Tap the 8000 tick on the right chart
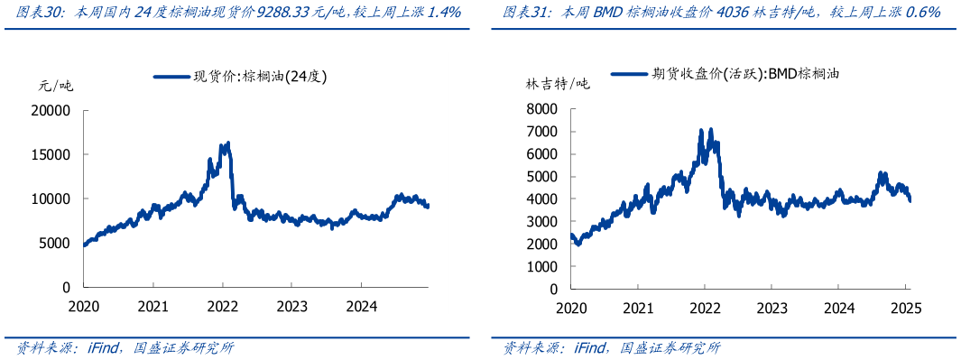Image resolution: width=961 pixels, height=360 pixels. (543, 109)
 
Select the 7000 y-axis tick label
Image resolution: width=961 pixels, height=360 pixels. (543, 132)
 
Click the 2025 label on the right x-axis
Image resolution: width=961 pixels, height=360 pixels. (905, 308)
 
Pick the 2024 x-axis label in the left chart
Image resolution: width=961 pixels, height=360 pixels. (361, 306)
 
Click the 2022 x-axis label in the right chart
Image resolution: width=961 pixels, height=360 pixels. (704, 308)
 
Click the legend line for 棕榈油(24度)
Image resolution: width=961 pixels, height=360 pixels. (171, 78)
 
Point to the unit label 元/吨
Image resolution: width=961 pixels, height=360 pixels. (55, 88)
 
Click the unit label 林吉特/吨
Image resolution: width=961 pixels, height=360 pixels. (558, 84)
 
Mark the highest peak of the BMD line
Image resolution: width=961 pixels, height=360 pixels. (701, 130)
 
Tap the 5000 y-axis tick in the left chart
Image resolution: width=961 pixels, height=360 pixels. (57, 243)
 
